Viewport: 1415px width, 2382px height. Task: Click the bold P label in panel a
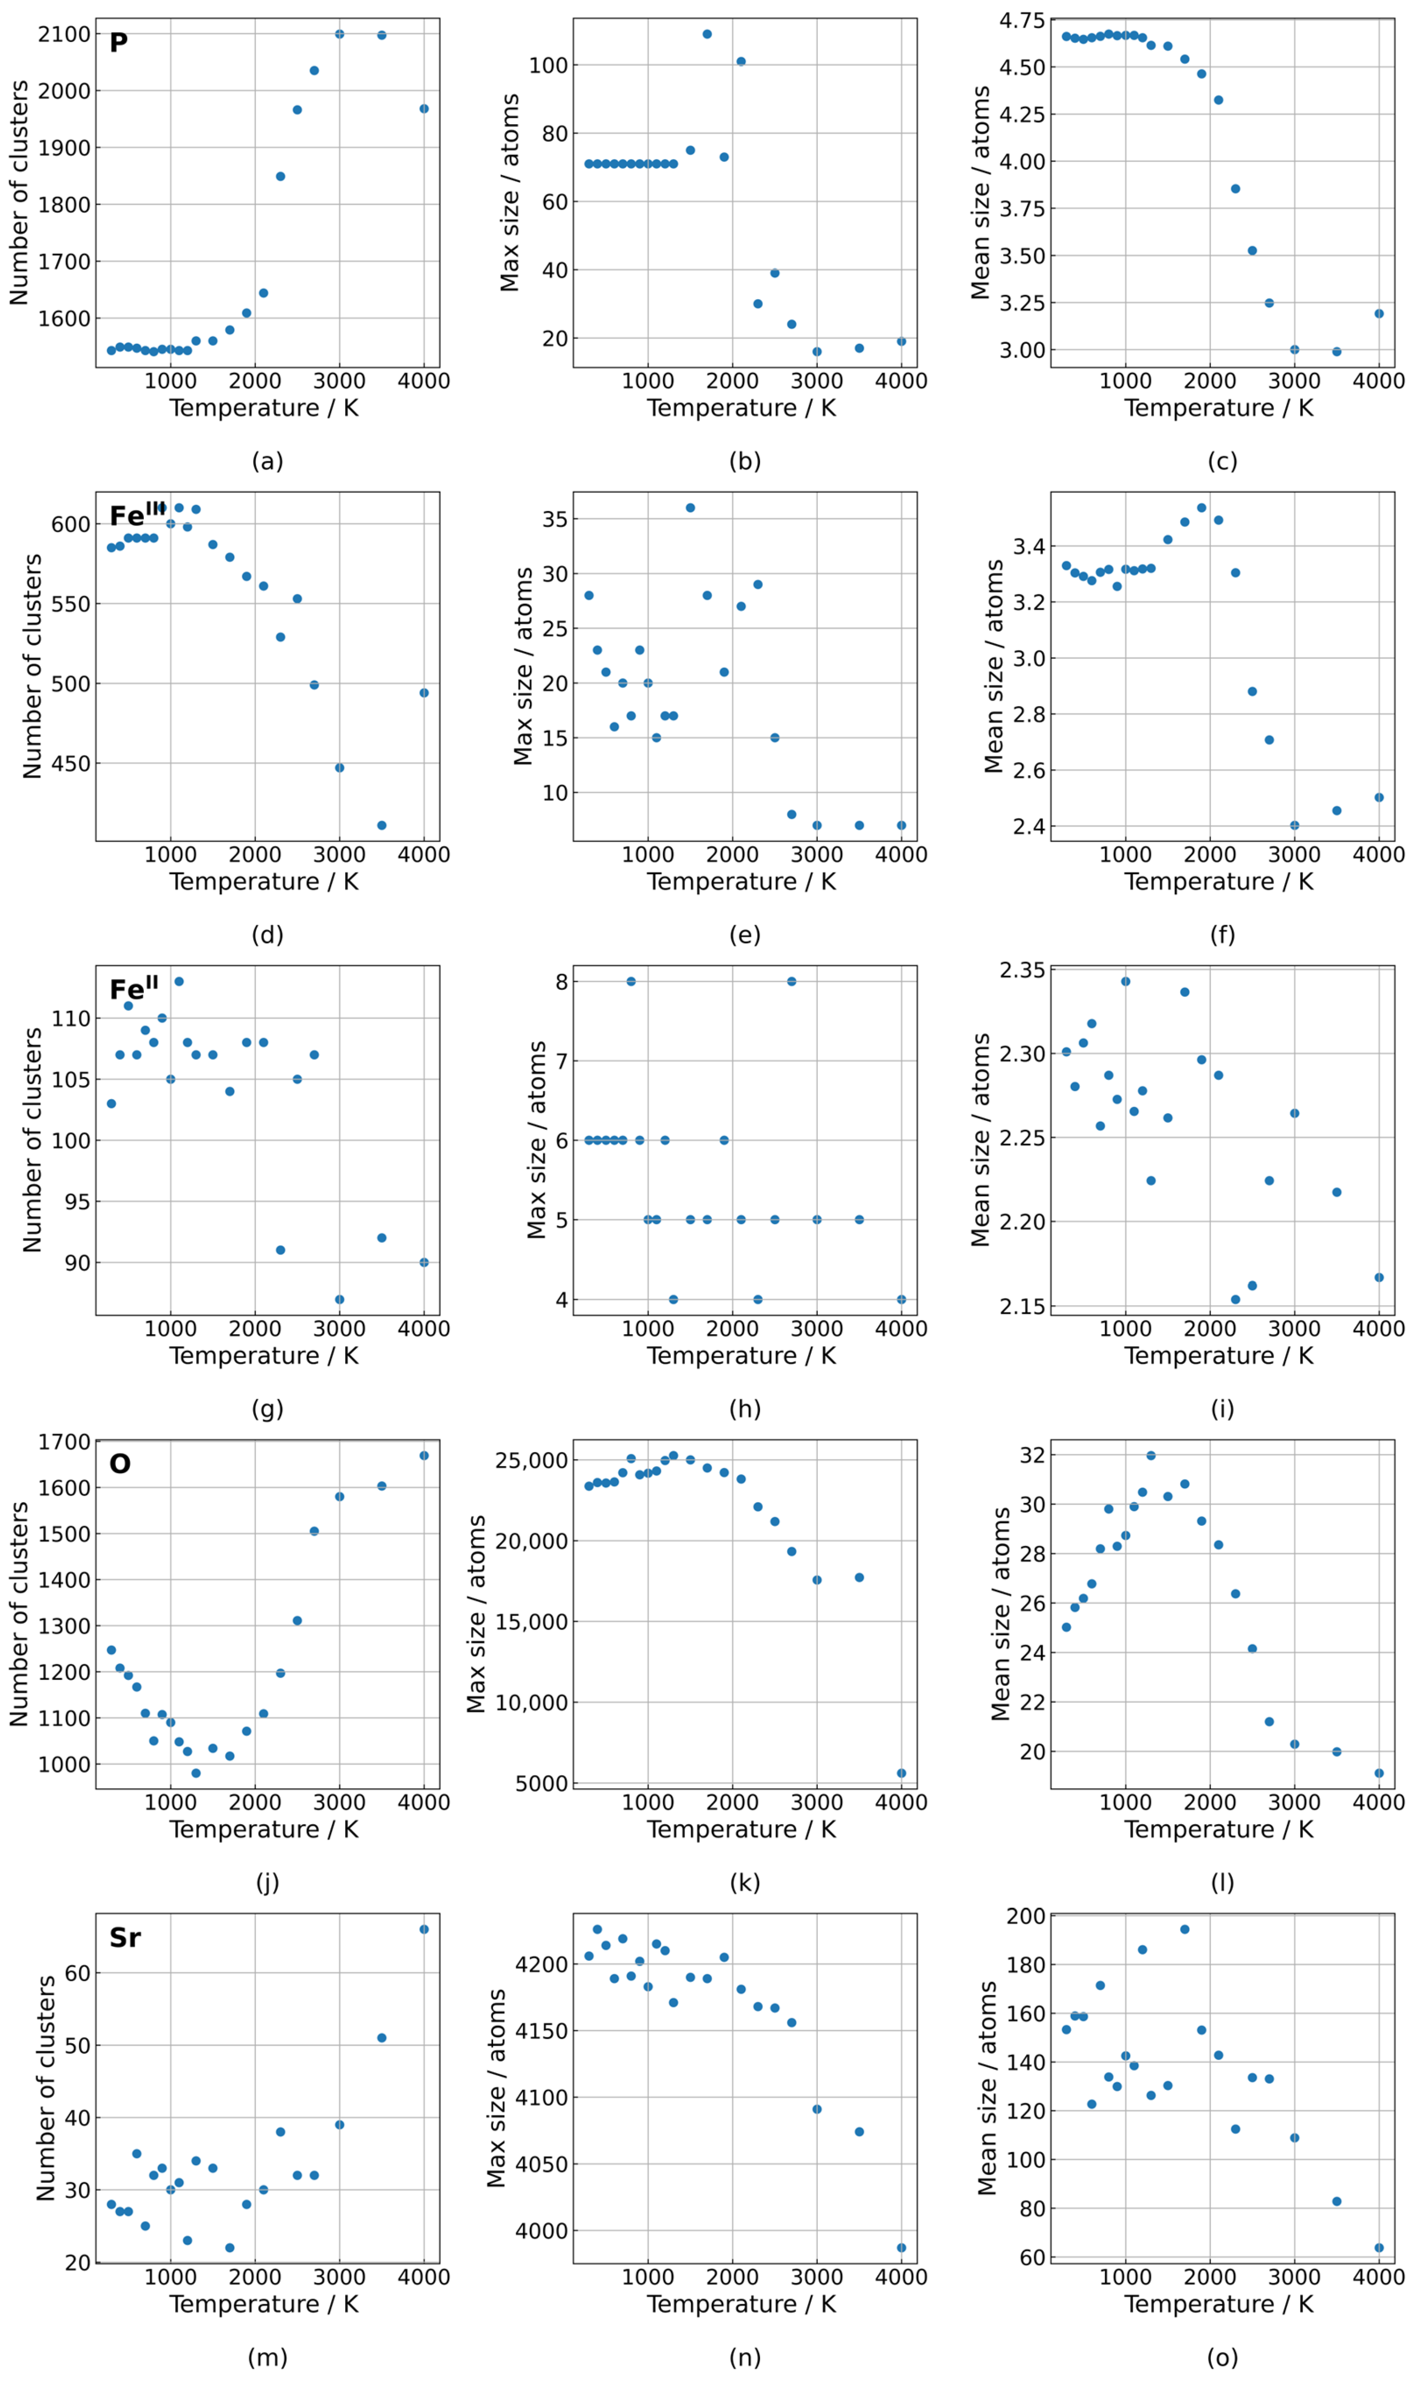click(x=118, y=43)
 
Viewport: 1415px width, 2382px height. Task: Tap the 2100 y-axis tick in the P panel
click(x=64, y=34)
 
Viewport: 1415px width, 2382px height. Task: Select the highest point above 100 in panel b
click(x=707, y=34)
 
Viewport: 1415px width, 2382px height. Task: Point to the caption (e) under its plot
click(x=745, y=934)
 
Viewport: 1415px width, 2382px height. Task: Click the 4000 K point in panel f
click(x=1379, y=797)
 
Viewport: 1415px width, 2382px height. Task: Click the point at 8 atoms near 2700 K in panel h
click(x=791, y=981)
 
